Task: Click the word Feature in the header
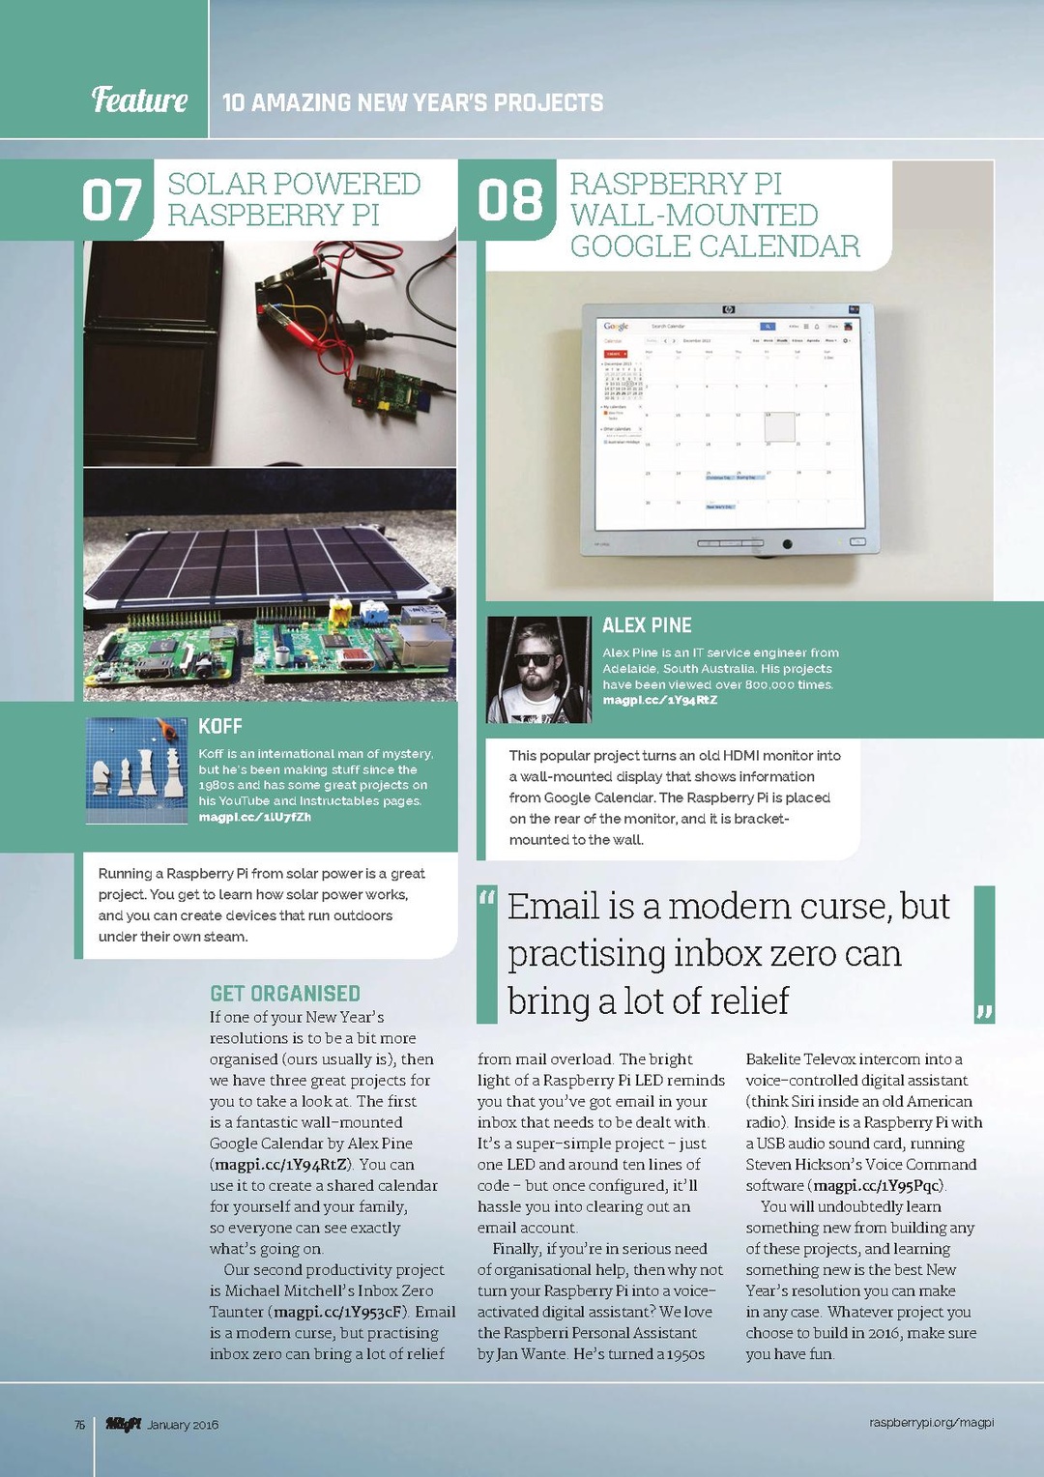tap(139, 100)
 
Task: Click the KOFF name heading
tap(220, 727)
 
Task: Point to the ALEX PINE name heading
tap(647, 625)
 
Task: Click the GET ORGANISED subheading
tap(285, 994)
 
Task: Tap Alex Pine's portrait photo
tap(538, 670)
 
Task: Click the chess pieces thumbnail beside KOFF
tap(136, 770)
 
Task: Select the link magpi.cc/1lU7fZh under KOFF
tap(255, 818)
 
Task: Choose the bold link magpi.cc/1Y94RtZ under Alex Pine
tap(660, 700)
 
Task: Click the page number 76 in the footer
tap(80, 1425)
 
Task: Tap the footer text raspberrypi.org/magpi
tap(931, 1423)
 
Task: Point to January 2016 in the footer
tap(183, 1425)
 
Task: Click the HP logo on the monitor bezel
tap(728, 309)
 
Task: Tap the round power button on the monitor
tap(788, 544)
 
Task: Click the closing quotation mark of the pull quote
tap(984, 1012)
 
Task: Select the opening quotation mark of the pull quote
tap(487, 899)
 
